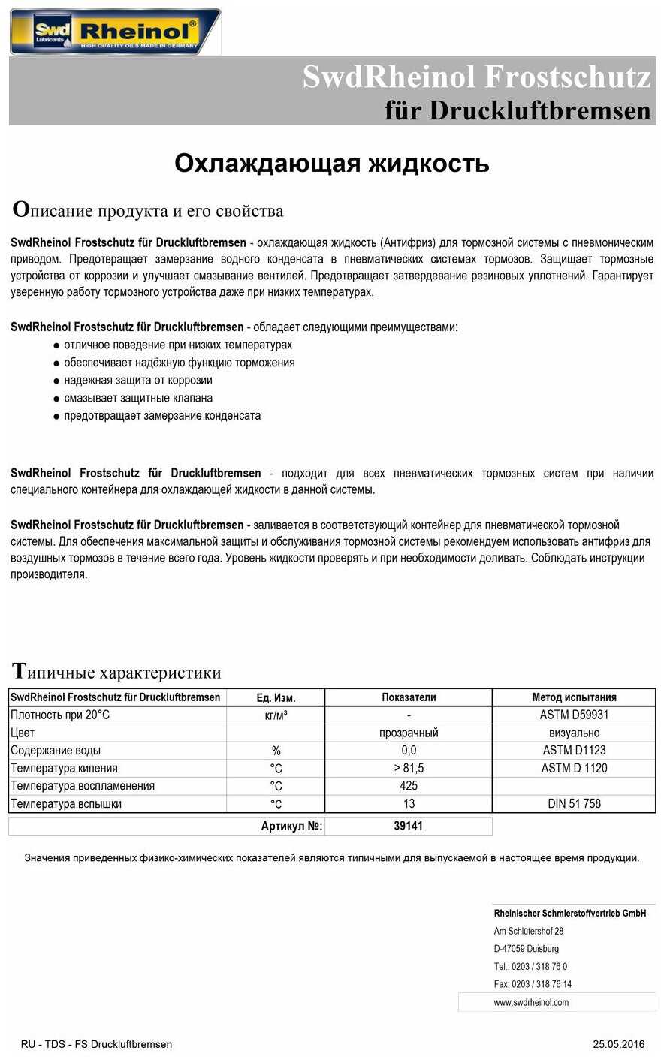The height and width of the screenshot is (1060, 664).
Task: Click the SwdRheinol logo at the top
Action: (x=115, y=32)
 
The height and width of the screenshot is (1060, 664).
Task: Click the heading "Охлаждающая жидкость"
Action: (x=331, y=164)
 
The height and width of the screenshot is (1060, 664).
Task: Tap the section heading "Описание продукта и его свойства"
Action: (x=148, y=210)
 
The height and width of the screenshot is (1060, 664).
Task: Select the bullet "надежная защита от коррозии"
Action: (x=138, y=381)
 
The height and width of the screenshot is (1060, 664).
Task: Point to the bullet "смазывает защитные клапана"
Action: (x=138, y=398)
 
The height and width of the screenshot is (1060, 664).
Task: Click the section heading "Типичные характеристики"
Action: (x=116, y=672)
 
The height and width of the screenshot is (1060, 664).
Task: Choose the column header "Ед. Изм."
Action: (x=276, y=697)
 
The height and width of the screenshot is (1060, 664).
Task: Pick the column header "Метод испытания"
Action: (x=574, y=697)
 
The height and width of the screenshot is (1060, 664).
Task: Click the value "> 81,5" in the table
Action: (x=409, y=768)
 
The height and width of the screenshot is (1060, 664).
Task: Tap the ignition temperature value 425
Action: (x=409, y=786)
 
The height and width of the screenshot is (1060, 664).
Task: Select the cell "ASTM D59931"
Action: (x=574, y=715)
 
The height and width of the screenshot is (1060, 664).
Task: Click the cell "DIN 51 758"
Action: (x=574, y=804)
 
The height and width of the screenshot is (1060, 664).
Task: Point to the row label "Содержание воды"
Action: (x=56, y=751)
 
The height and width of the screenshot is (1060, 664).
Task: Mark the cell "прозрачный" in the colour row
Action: (x=409, y=733)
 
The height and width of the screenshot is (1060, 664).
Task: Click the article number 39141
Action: (x=409, y=826)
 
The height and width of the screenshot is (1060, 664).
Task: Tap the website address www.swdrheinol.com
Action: (x=531, y=1002)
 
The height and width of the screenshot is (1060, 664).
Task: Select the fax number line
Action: (x=533, y=984)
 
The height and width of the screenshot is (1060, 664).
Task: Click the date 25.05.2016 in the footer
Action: (x=618, y=1044)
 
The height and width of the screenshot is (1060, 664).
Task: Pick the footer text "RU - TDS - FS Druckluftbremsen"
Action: (x=96, y=1044)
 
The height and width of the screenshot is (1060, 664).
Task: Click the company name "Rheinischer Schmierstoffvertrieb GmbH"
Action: (x=570, y=914)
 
